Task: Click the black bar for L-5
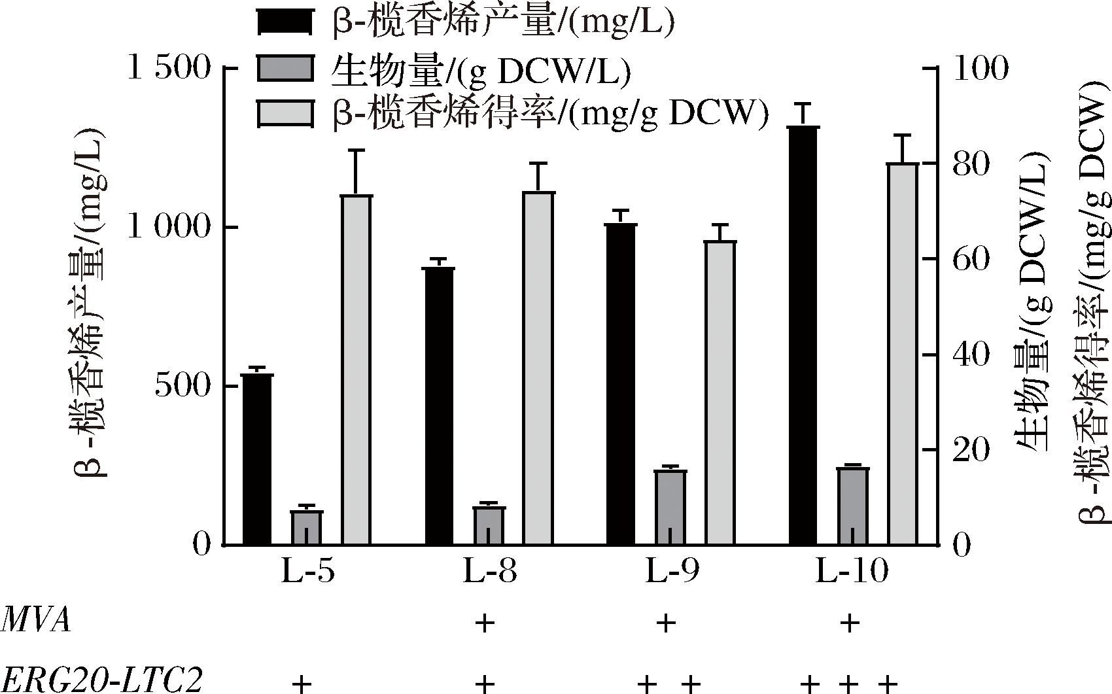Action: click(x=257, y=459)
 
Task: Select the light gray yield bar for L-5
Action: click(x=356, y=370)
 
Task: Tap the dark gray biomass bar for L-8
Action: click(x=489, y=526)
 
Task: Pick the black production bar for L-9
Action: click(x=621, y=384)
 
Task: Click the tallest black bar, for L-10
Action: click(x=803, y=336)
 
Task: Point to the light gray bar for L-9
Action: click(x=720, y=392)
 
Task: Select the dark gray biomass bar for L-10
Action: click(x=853, y=506)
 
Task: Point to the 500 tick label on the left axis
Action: click(x=182, y=386)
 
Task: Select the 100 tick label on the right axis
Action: click(x=980, y=68)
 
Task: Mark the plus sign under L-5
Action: click(x=300, y=684)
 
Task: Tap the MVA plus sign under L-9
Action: click(x=666, y=623)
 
